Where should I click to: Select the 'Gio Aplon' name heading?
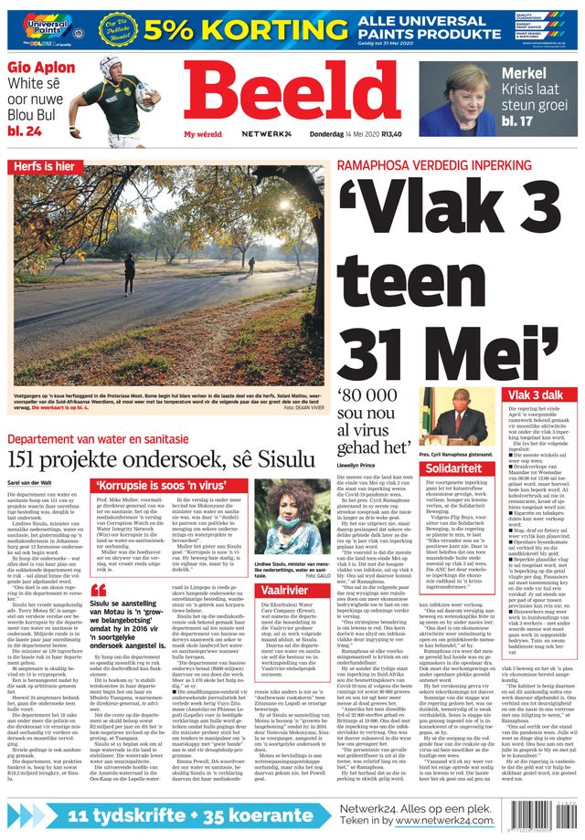(42, 68)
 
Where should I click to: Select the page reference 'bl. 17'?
(517, 121)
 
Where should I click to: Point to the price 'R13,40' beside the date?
(392, 133)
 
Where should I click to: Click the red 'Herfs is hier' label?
(44, 166)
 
